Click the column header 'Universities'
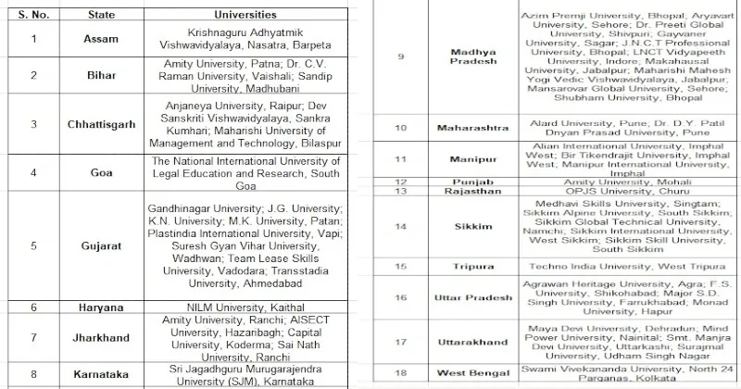(245, 15)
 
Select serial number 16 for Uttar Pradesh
(400, 298)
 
